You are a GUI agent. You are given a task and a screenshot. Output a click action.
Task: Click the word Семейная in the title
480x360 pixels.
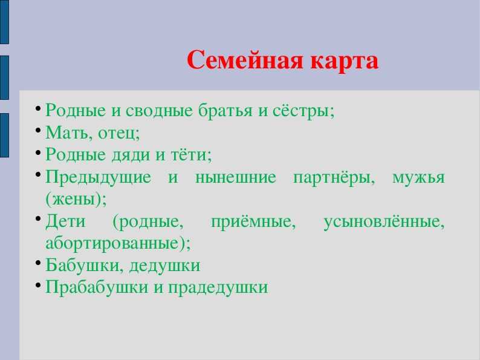[245, 61]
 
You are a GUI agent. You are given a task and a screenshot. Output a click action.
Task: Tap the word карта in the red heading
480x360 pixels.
[345, 61]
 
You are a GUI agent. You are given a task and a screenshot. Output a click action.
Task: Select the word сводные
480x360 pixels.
[159, 110]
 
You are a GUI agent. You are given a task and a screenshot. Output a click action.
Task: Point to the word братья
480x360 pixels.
[225, 110]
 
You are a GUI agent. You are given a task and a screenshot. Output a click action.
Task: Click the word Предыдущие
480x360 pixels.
[99, 177]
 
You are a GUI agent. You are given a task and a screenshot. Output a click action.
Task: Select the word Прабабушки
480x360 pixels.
[97, 287]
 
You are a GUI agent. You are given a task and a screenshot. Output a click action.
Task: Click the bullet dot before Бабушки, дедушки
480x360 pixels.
[38, 263]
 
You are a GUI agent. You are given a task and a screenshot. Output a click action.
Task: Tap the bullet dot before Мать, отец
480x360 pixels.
[38, 130]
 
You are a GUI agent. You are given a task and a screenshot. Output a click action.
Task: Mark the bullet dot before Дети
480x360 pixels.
[38, 219]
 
